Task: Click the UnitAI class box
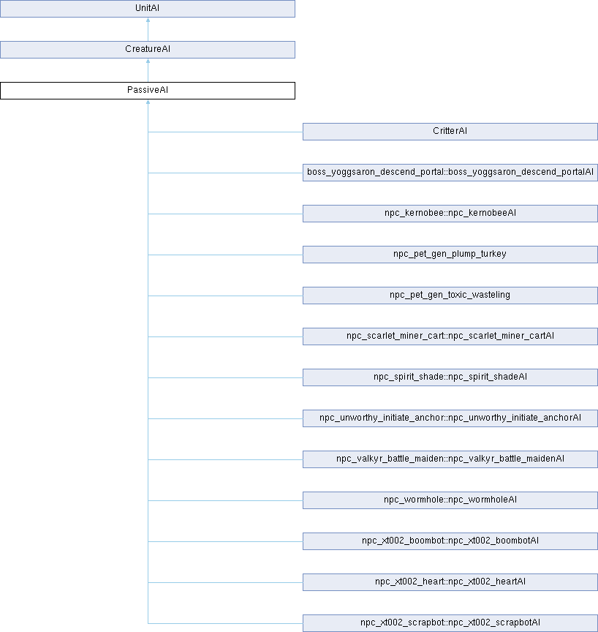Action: coord(148,9)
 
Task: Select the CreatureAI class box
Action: coord(148,50)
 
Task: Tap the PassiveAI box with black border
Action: coord(148,91)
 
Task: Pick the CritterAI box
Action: coord(450,132)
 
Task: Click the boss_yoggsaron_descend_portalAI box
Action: coord(450,173)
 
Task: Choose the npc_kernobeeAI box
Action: coord(450,214)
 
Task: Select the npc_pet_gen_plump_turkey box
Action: coord(450,255)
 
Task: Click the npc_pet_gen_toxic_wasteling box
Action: coord(450,296)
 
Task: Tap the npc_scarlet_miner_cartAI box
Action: coord(450,336)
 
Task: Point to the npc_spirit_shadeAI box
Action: coord(450,377)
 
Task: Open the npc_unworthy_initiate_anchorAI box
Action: coord(450,418)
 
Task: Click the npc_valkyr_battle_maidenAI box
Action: coord(450,459)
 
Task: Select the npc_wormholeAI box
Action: coord(450,500)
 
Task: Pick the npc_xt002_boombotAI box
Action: coord(450,541)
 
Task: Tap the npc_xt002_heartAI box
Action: coord(450,582)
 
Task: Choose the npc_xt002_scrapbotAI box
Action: coord(450,623)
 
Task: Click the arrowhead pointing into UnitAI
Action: coord(148,20)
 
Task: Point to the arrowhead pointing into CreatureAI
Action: coord(148,61)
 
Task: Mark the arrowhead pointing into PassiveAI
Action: coord(148,102)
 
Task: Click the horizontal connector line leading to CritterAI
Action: coord(225,132)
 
